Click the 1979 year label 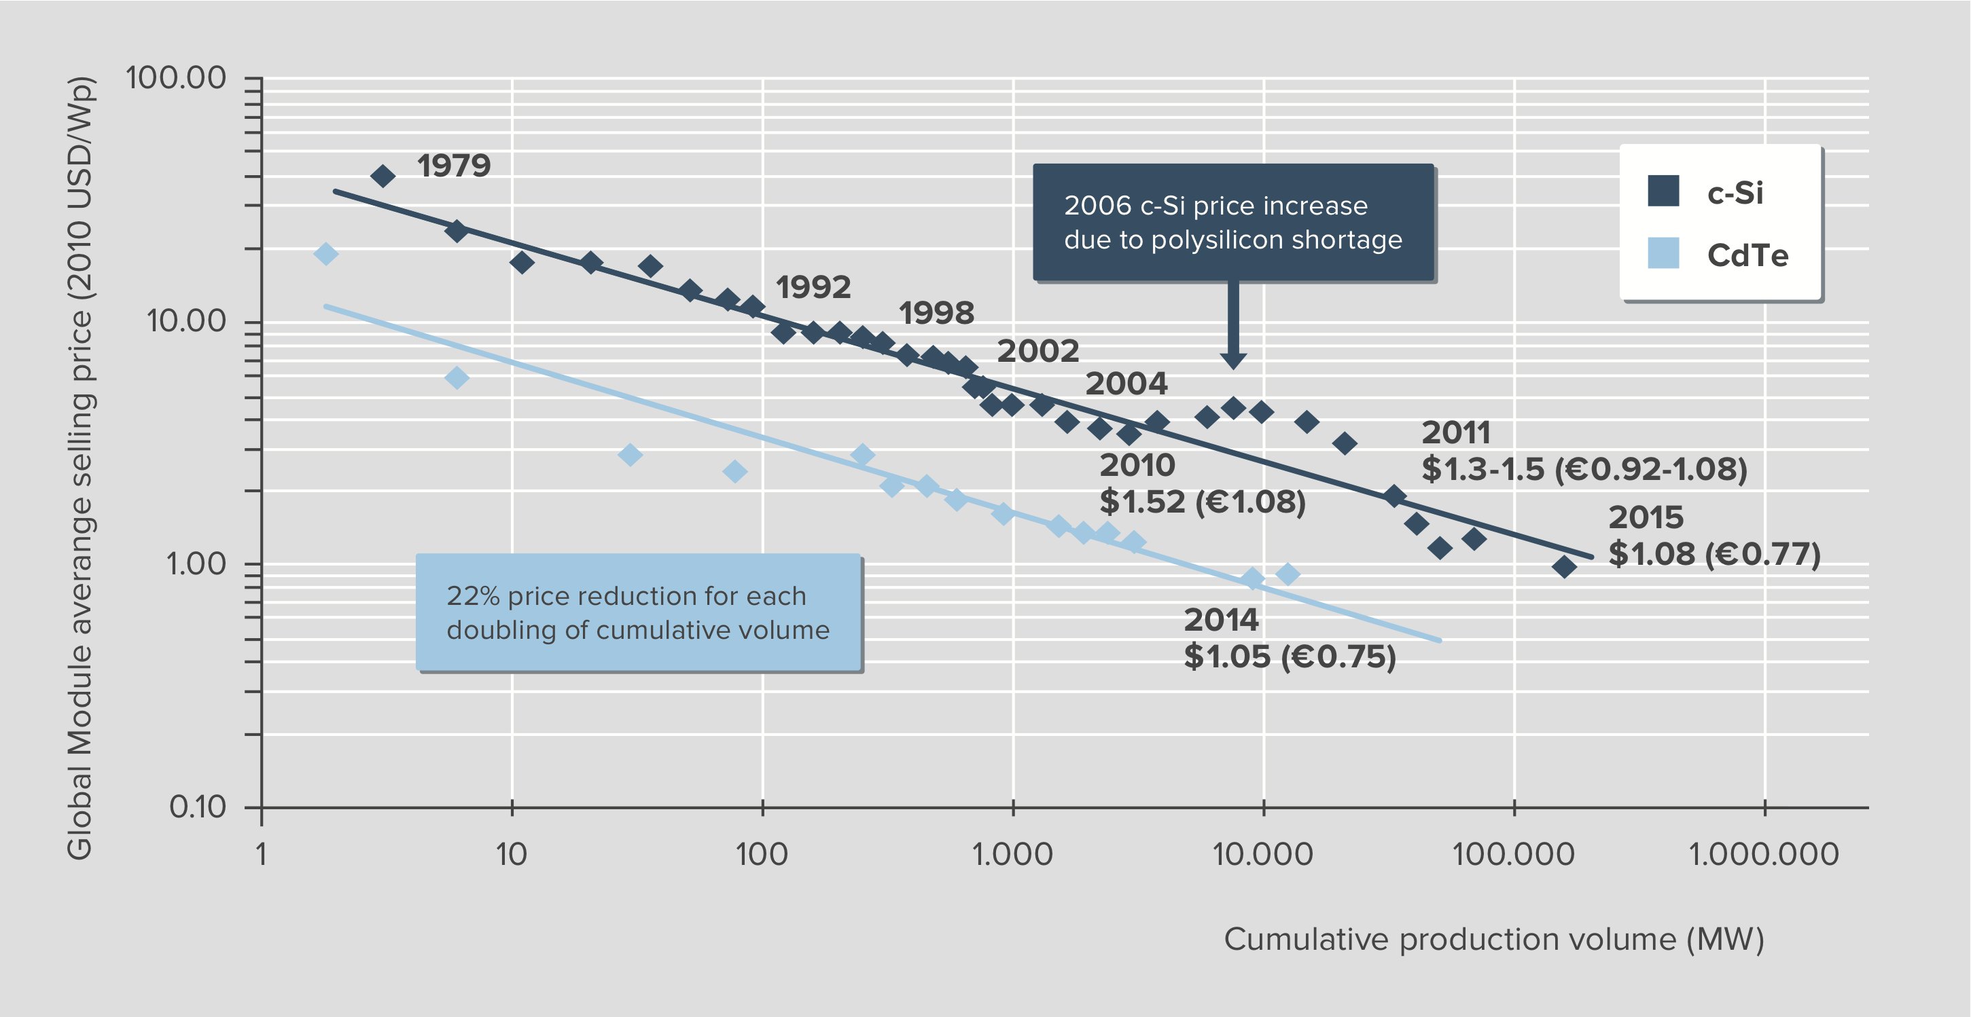point(453,166)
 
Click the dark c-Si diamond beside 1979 point(383,177)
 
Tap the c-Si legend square point(1663,191)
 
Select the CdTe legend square point(1663,253)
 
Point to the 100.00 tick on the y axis point(176,78)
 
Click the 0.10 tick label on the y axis point(198,807)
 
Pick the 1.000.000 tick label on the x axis point(1763,854)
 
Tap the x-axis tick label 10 point(511,854)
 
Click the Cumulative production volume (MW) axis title point(1493,939)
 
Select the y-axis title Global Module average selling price point(80,468)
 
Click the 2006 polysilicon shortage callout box point(1232,223)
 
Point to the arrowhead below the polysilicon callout point(1232,359)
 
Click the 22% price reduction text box point(638,612)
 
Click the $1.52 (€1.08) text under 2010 point(1202,502)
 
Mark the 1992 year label point(813,287)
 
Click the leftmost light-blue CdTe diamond point(326,254)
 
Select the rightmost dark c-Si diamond point(1564,567)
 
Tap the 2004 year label point(1126,383)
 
